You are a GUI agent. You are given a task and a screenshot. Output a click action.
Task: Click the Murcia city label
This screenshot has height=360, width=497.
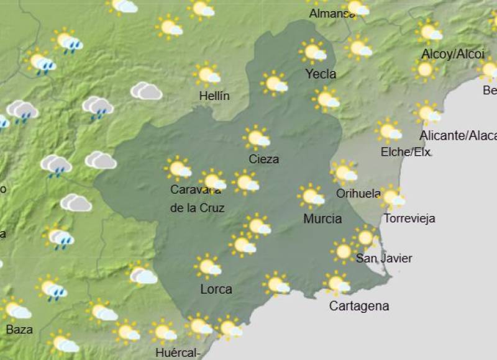(322, 218)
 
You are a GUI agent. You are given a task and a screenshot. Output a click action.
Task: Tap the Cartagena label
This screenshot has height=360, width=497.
(359, 306)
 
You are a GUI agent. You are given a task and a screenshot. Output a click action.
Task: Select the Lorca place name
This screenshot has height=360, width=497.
(216, 289)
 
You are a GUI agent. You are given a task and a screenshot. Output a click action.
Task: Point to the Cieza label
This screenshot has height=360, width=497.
(263, 159)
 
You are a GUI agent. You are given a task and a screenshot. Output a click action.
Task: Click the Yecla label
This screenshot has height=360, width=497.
(321, 74)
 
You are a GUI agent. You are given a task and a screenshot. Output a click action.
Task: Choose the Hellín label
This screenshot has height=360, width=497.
(214, 96)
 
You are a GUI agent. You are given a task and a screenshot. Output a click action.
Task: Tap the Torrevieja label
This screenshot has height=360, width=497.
(409, 218)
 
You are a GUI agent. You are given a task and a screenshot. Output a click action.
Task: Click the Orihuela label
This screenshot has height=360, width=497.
(358, 194)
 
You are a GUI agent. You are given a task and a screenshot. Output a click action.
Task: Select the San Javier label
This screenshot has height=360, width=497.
(384, 258)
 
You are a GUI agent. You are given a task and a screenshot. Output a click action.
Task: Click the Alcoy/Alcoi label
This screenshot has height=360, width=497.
(452, 55)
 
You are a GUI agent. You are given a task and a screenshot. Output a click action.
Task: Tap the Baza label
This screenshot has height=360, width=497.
(19, 330)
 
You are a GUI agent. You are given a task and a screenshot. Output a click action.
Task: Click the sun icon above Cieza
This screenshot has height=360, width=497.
(257, 138)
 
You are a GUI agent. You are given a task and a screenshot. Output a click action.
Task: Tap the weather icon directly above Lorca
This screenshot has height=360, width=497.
(208, 266)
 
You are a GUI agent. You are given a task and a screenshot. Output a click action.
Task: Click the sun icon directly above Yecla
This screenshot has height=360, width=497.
(313, 52)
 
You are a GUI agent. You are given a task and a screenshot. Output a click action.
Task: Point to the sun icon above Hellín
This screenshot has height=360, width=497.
(207, 74)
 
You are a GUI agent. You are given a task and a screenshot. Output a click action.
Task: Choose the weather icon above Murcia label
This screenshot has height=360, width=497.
(311, 196)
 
